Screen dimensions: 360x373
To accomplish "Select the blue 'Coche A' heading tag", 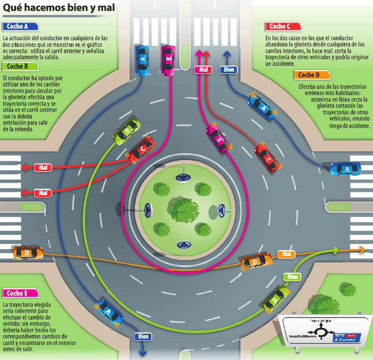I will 20,26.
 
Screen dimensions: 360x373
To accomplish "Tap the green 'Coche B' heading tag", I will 20,66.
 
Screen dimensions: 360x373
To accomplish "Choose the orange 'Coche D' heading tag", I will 312,75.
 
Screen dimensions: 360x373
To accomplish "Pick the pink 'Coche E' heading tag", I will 20,292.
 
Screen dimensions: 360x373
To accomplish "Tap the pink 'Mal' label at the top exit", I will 202,69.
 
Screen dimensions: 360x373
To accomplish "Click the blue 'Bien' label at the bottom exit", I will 143,337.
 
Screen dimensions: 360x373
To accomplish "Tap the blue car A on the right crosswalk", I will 345,168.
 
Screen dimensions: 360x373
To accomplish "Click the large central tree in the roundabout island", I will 183,209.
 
